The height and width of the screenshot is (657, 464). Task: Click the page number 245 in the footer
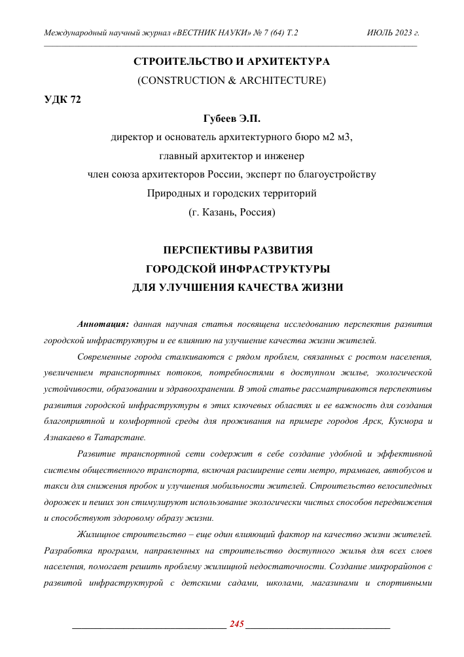234,624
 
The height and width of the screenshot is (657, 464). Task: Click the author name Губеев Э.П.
232,119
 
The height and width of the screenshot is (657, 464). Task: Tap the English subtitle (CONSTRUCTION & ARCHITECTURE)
232,81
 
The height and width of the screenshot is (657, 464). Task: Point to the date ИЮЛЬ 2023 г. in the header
393,32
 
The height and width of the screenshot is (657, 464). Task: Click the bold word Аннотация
103,324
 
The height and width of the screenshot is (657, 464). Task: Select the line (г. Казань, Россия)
232,212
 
